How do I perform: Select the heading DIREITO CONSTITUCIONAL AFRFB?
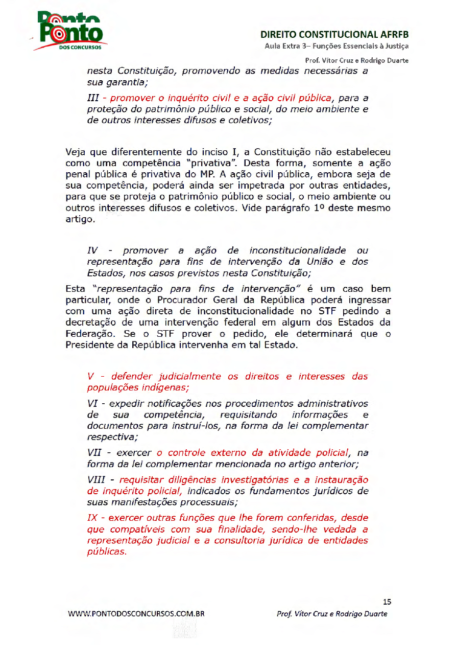pos(334,35)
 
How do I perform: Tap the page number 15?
pos(387,602)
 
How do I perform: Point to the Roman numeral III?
pos(93,97)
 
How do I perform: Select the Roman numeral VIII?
pos(97,480)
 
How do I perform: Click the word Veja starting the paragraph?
pos(76,152)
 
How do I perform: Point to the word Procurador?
pos(181,300)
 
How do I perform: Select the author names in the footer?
pos(331,614)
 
